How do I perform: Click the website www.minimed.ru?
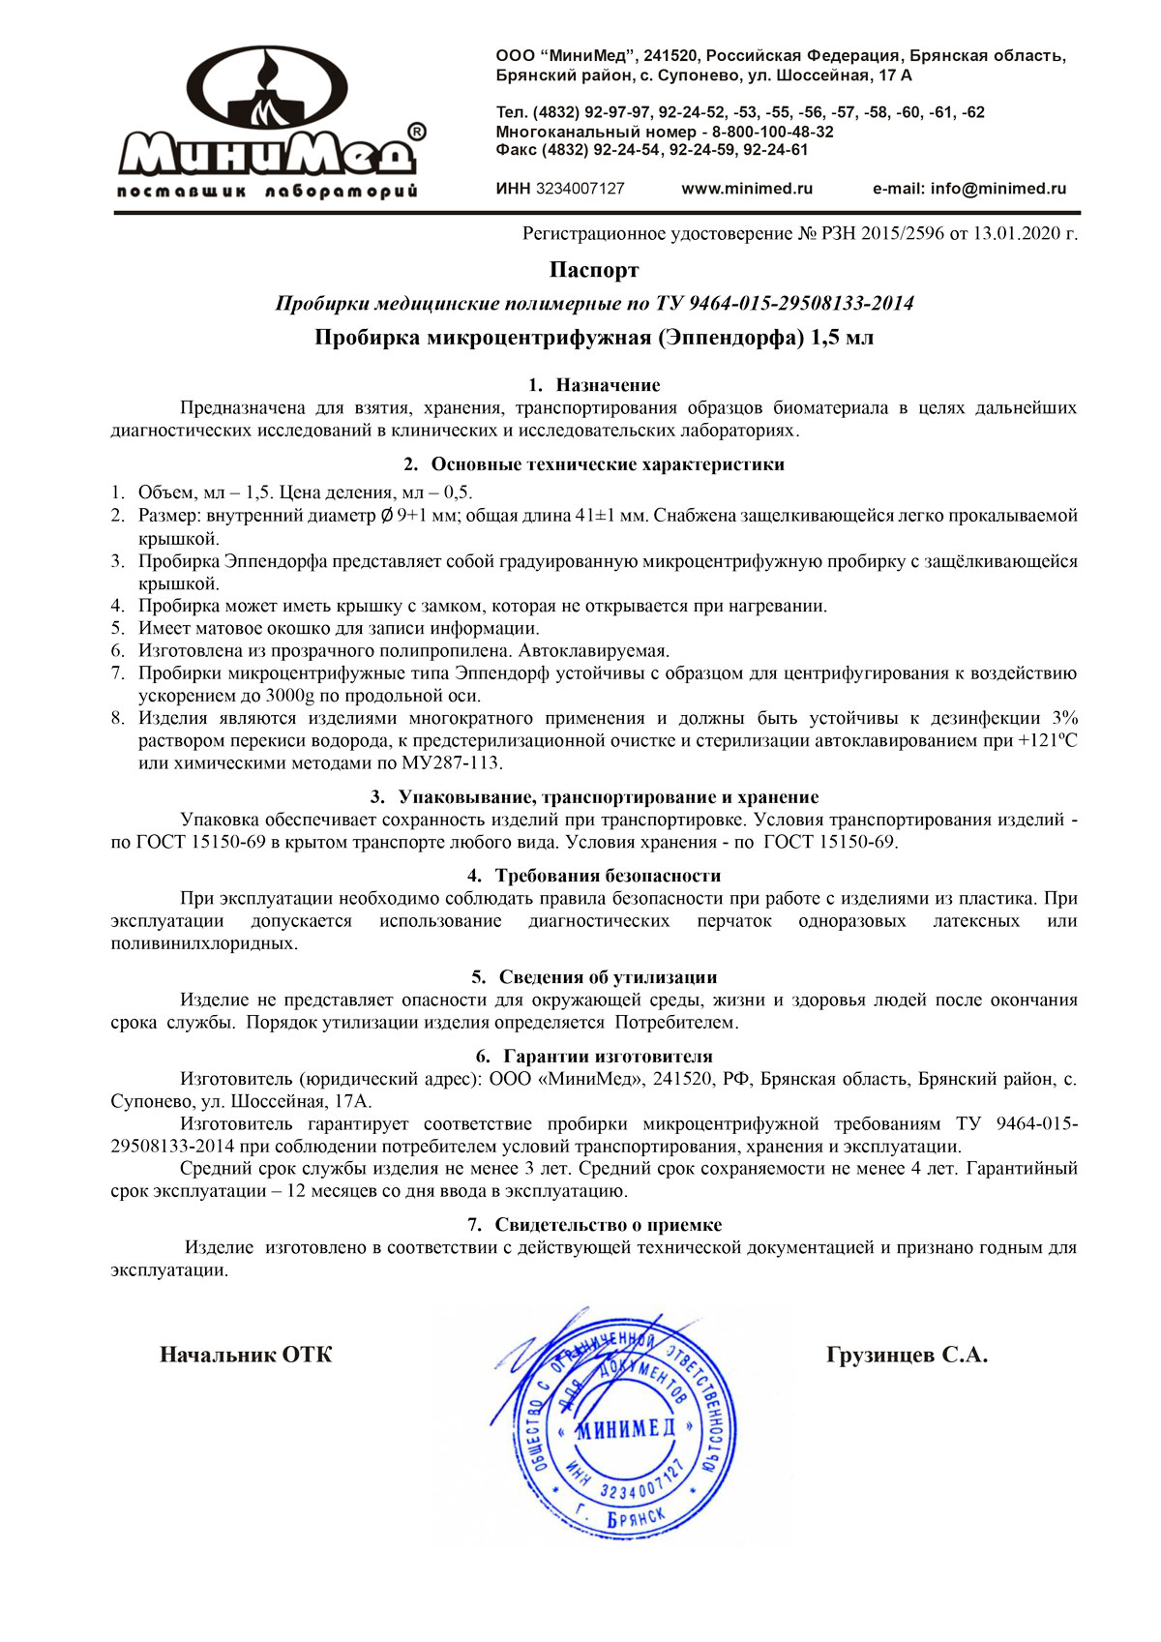point(747,189)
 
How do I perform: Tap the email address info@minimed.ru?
point(997,189)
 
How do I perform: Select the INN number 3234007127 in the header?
point(580,189)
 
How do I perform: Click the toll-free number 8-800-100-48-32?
point(773,132)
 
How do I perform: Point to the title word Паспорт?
point(594,269)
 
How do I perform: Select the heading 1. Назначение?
point(594,385)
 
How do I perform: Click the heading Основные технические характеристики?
point(607,463)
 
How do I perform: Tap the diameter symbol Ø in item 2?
point(387,516)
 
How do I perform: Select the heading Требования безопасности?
point(608,876)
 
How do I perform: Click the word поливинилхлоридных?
point(204,942)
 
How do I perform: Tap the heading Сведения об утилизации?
point(608,977)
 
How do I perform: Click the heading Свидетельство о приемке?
point(608,1225)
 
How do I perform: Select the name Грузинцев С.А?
point(907,1355)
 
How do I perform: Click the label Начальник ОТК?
point(246,1355)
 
